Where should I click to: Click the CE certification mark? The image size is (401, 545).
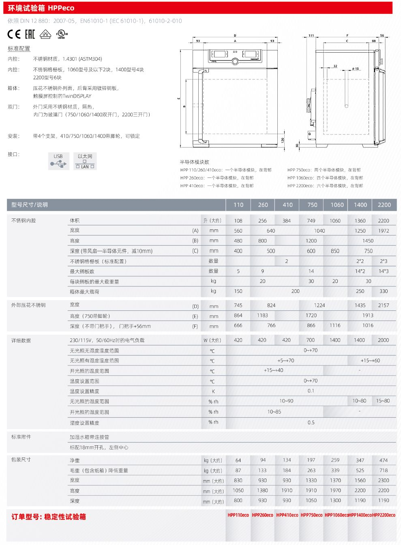click(x=14, y=34)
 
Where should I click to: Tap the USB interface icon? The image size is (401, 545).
click(x=58, y=161)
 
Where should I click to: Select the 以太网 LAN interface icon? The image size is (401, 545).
click(x=85, y=161)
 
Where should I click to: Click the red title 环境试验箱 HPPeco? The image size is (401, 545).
click(x=41, y=8)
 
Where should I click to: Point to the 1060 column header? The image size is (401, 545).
click(x=337, y=205)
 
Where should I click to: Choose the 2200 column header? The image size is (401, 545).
click(x=384, y=205)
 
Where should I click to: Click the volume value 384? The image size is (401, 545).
click(x=287, y=221)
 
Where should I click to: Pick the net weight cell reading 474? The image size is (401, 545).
click(x=384, y=460)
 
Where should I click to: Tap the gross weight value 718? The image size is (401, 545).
click(x=384, y=470)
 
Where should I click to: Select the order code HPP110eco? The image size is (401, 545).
click(x=238, y=515)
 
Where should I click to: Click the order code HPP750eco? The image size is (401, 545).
click(x=311, y=515)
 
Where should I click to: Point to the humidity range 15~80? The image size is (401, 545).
click(x=383, y=401)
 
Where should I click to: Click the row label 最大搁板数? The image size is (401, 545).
click(x=82, y=271)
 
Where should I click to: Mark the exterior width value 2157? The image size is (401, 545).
click(x=384, y=305)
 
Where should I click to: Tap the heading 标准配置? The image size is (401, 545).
click(x=19, y=49)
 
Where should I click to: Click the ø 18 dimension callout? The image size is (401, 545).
click(x=356, y=68)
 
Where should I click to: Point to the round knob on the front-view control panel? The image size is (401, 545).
click(x=235, y=62)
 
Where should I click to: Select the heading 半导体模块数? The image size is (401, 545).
click(x=195, y=162)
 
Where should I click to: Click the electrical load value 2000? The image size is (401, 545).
click(x=383, y=340)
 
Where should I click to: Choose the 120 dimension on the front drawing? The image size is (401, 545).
click(x=283, y=140)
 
